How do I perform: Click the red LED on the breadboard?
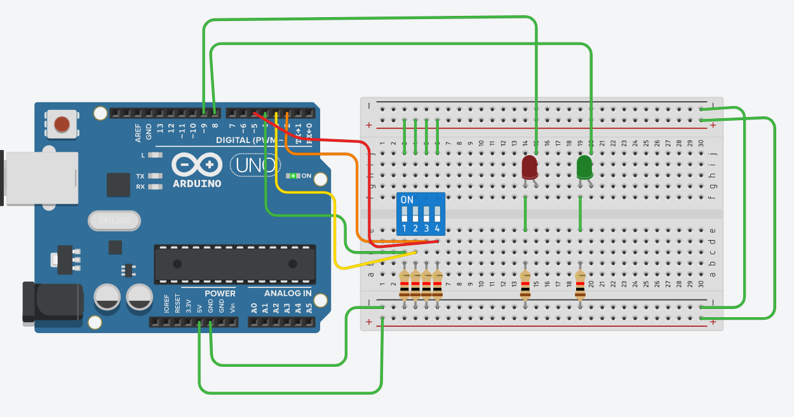tap(529, 168)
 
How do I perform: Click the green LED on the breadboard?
tap(584, 168)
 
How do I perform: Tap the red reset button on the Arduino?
tap(62, 123)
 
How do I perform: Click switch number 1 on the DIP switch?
tap(404, 214)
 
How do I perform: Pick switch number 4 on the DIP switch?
tap(437, 214)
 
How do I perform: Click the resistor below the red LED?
tap(525, 285)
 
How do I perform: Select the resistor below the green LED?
tap(580, 285)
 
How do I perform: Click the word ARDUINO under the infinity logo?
tap(197, 184)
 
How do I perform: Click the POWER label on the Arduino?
tap(220, 293)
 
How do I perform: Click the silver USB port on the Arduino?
tap(39, 178)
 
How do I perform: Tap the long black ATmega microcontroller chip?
tap(234, 264)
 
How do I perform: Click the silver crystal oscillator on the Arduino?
tap(114, 221)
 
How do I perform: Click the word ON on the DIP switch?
tap(407, 200)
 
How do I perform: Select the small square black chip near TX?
tap(119, 184)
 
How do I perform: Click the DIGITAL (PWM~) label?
tap(248, 140)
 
